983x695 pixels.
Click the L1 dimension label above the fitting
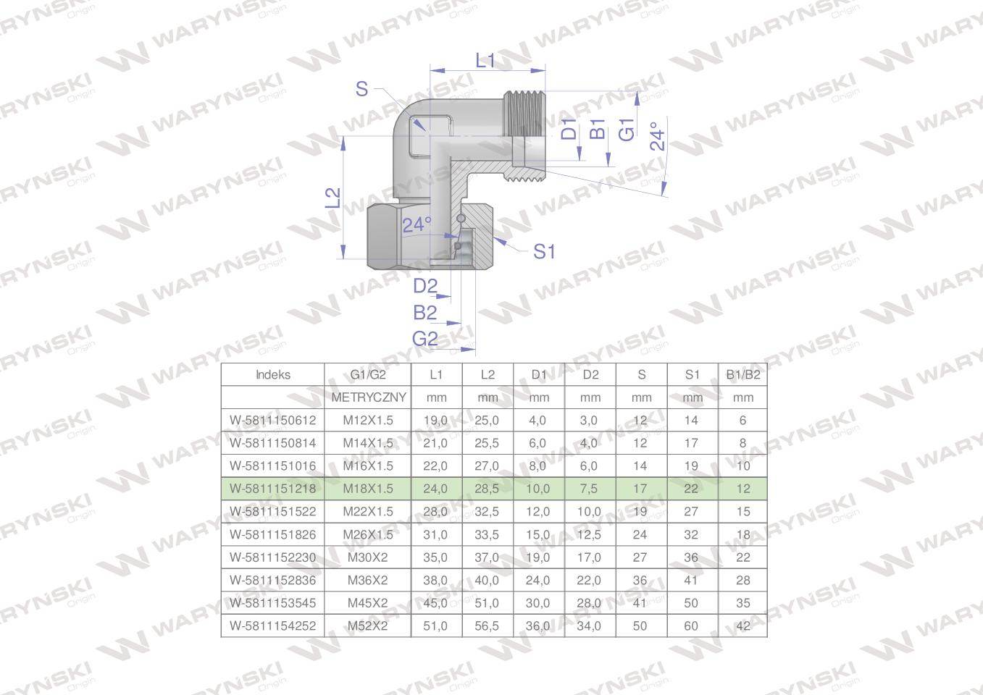point(485,61)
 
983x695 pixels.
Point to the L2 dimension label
point(333,198)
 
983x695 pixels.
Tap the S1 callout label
point(544,252)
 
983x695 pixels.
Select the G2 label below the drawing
point(424,339)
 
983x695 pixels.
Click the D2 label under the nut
point(425,287)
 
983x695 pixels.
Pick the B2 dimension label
point(424,313)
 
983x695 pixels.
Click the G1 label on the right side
point(626,130)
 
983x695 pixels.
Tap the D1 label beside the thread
point(569,129)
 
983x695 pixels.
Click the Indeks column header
point(272,375)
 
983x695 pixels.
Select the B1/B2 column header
point(743,375)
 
